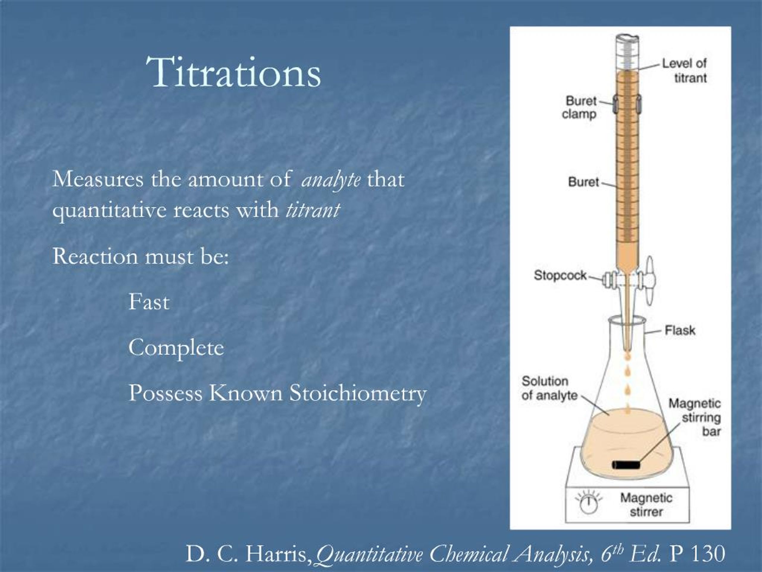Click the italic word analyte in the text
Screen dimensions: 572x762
(x=331, y=180)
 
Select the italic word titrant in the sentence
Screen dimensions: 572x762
(x=313, y=210)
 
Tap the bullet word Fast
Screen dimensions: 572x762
(x=149, y=302)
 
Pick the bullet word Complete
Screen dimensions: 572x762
(x=176, y=348)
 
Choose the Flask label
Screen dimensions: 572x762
(x=680, y=330)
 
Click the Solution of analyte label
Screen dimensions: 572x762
(x=549, y=388)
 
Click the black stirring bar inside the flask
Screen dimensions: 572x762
(x=626, y=465)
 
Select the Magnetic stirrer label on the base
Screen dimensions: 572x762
(x=646, y=504)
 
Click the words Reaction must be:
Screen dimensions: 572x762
(x=140, y=257)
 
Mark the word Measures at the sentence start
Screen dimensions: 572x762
(x=98, y=180)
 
